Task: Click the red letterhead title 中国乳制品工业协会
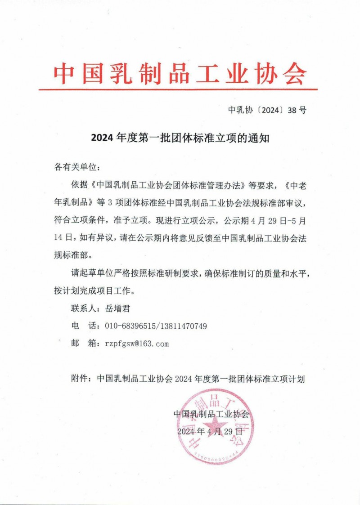coord(180,73)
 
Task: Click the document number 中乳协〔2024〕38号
coord(267,110)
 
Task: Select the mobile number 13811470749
coord(184,326)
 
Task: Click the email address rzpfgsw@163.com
coord(136,344)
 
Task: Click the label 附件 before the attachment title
coord(79,379)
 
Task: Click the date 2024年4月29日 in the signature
coord(210,431)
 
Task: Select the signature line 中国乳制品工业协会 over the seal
coord(211,414)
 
